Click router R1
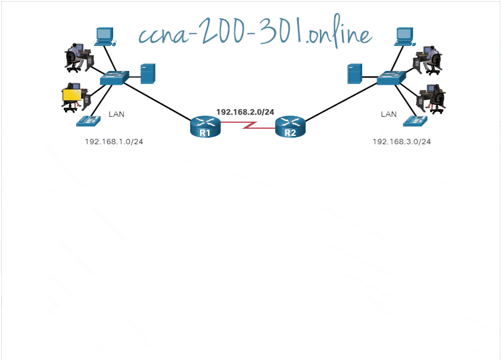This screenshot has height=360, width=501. tap(205, 128)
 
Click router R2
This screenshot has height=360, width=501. tap(290, 128)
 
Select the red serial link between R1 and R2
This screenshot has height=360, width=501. tap(247, 126)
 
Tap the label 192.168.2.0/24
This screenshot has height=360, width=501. tap(245, 111)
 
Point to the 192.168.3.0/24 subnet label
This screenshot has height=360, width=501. tap(402, 142)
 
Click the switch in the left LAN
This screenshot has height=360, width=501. tap(114, 77)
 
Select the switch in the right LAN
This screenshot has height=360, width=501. tap(391, 77)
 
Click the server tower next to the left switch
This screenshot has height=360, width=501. tap(148, 73)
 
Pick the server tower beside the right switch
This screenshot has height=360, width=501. tap(355, 74)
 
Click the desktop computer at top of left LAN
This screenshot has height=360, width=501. tap(105, 36)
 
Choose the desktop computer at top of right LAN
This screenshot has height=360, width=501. tap(404, 36)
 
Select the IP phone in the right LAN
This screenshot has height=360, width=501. tap(415, 120)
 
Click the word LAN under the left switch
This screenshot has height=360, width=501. tap(116, 114)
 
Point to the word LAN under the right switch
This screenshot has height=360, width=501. tap(388, 114)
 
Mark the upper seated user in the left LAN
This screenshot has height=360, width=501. tap(77, 57)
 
